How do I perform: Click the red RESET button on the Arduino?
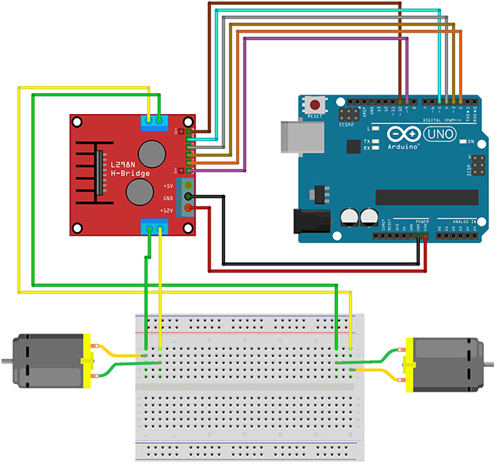point(315,105)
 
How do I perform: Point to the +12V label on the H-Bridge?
point(167,209)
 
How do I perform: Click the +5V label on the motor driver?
point(169,186)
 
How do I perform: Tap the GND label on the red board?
point(169,198)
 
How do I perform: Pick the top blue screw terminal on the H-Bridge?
point(153,120)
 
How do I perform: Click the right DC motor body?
point(447,362)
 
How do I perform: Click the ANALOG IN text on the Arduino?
point(464,222)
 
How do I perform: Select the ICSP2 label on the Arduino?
point(346,123)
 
